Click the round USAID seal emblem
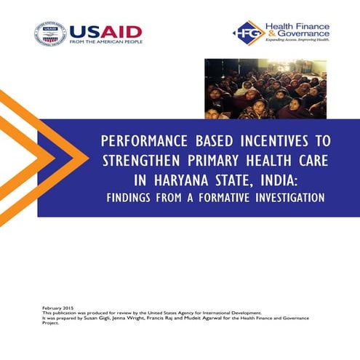click(x=49, y=35)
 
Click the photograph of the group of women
click(x=265, y=88)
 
